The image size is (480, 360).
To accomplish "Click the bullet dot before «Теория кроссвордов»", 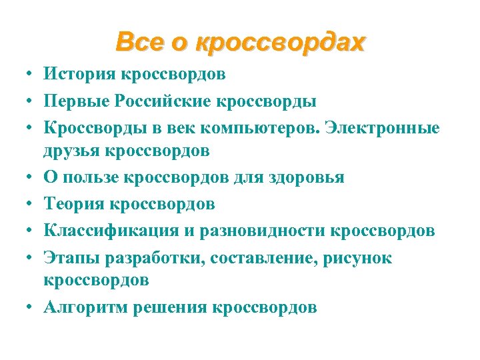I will click(x=24, y=205).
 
